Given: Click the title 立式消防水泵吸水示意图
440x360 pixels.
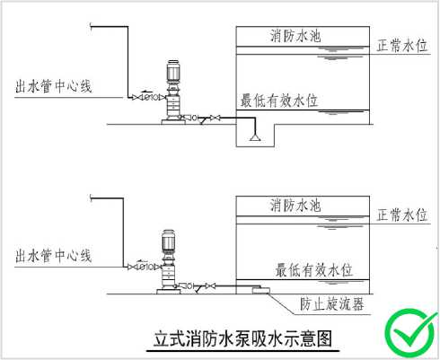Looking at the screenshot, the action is tap(242, 338).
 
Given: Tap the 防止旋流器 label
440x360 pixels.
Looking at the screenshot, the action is tap(332, 304).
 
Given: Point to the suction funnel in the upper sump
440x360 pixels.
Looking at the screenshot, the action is tap(255, 137).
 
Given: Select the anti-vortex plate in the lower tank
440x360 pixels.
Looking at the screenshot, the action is tap(261, 290).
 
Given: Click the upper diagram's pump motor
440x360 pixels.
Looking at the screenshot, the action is tap(173, 71).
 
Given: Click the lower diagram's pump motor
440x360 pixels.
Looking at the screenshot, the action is tap(168, 241).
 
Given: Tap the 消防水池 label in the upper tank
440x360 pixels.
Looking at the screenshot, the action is tap(295, 36).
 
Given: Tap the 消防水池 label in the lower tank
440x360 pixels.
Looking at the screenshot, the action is tap(295, 206).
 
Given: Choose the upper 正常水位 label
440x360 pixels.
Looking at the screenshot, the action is tap(402, 46).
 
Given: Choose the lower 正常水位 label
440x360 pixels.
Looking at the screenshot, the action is tap(402, 215).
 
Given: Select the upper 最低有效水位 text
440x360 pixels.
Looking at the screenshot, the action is tap(279, 101).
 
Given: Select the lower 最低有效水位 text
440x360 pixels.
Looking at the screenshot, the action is tap(313, 270).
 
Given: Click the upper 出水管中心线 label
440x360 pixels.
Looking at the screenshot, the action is tap(54, 86).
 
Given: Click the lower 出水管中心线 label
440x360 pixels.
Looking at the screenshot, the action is tap(54, 256).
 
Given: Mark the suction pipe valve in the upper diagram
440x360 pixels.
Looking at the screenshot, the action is tap(216, 118).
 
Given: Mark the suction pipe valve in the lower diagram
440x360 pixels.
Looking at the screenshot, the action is tap(210, 286).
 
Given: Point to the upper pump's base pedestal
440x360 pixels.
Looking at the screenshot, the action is tap(173, 122).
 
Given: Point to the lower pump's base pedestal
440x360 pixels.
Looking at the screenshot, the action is tap(169, 291).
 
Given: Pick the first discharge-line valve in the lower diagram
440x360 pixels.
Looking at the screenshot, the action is tap(133, 267).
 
